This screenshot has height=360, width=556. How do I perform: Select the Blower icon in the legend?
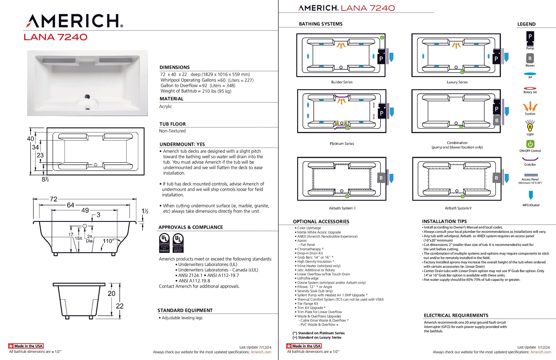(530, 58)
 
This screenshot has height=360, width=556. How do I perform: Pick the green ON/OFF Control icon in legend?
(530, 144)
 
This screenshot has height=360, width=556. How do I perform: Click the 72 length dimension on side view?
(53, 199)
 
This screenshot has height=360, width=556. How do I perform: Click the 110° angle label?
(108, 241)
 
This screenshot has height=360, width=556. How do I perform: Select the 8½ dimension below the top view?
(45, 179)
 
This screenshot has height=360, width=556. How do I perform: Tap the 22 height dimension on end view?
(120, 306)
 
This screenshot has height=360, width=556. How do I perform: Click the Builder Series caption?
(342, 82)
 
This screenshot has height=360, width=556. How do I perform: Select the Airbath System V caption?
(458, 208)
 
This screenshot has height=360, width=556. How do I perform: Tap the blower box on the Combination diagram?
(497, 120)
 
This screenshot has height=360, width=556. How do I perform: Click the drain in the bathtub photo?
(87, 97)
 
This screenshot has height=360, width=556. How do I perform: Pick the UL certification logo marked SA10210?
(164, 243)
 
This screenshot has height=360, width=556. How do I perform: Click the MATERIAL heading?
(171, 99)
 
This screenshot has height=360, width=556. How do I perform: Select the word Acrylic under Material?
(165, 106)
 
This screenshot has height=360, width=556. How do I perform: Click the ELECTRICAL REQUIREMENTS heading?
(456, 315)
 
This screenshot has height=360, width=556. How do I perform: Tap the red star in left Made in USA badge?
(11, 346)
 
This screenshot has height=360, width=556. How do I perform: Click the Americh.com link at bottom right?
(541, 352)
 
